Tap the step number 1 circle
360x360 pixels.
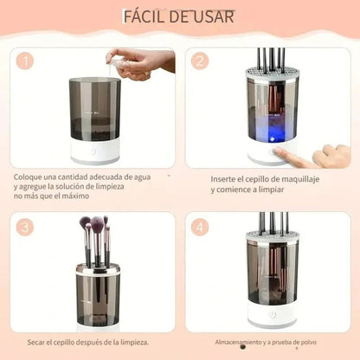pos(27,61)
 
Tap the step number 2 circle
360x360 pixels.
pos(200,61)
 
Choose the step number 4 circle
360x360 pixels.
pos(200,228)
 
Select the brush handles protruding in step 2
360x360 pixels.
pos(272,59)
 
